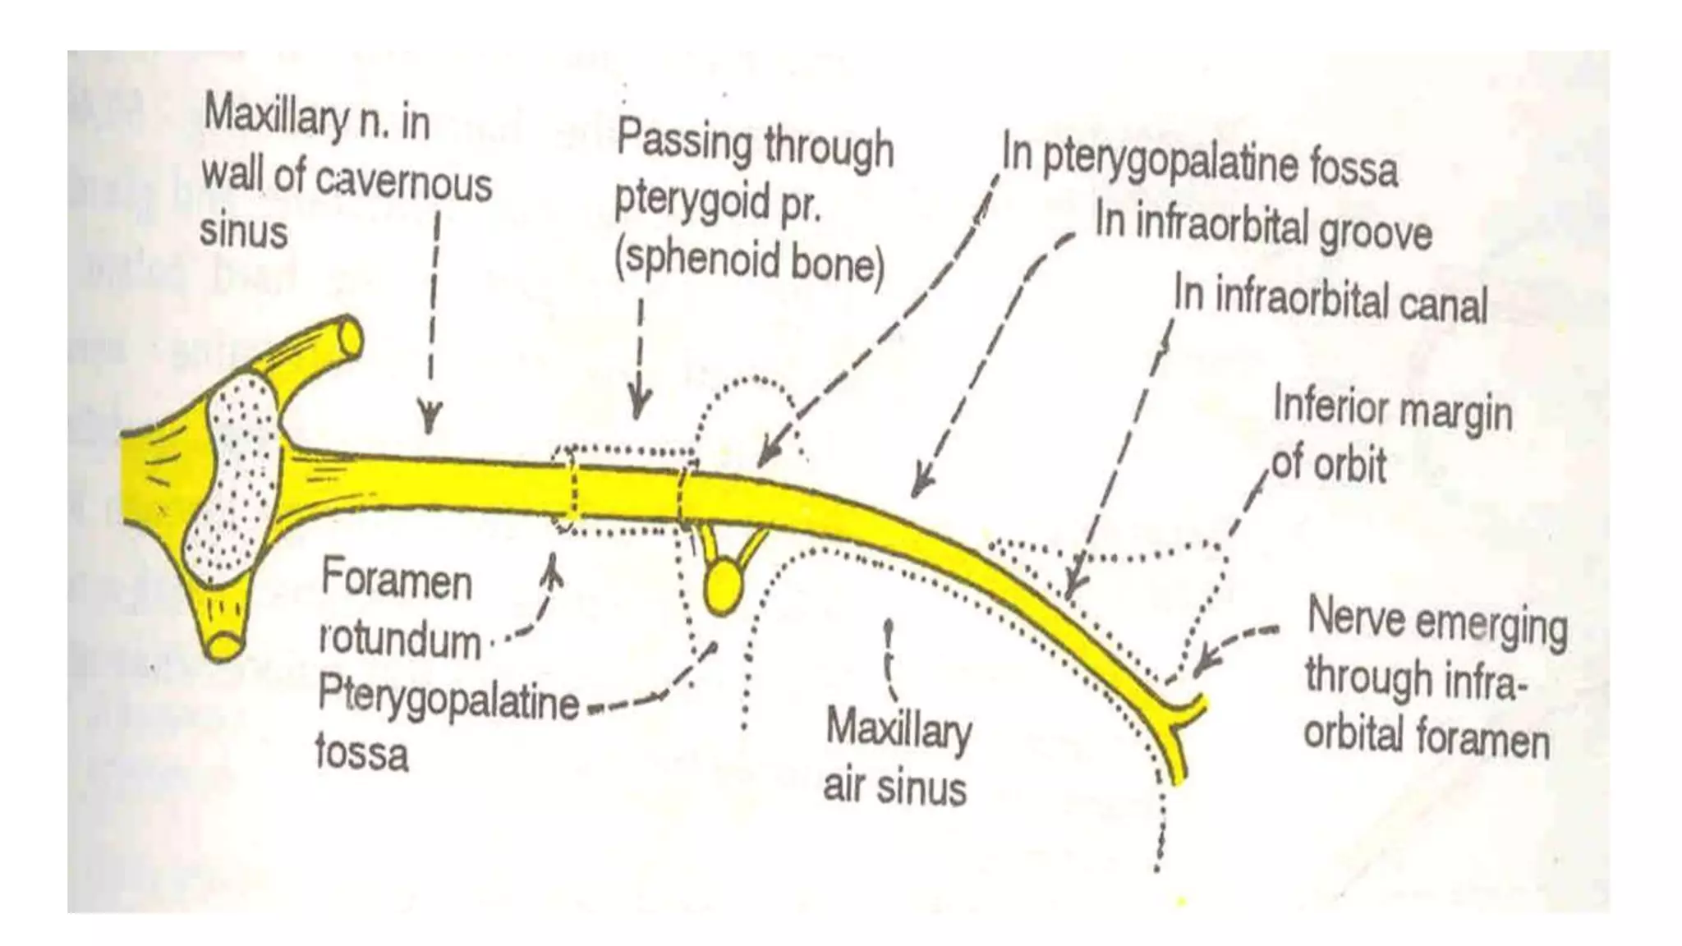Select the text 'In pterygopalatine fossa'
pyautogui.click(x=1199, y=161)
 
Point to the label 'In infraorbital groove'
pyautogui.click(x=1263, y=226)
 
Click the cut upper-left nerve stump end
pyautogui.click(x=350, y=337)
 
